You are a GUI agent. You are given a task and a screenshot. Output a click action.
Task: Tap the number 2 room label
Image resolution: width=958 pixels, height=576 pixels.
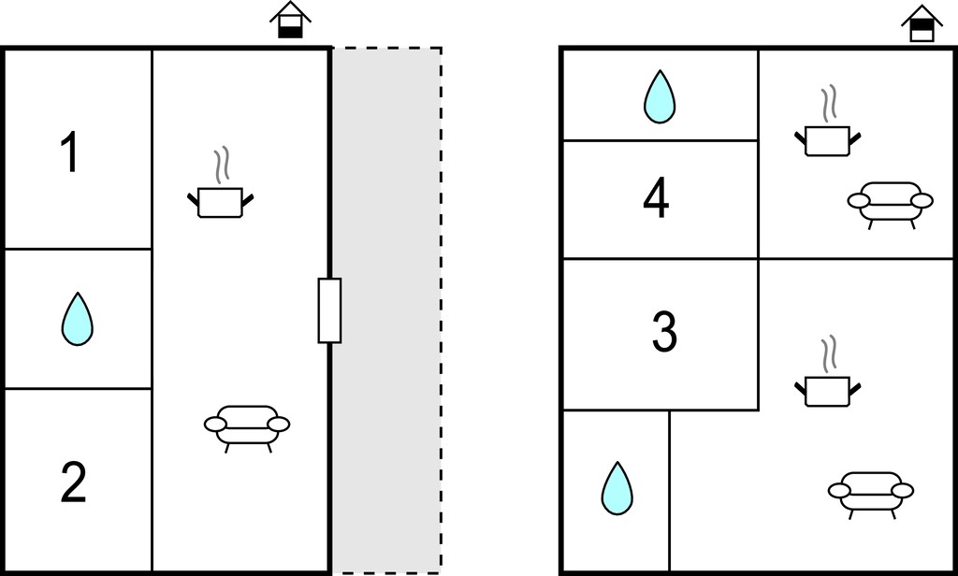73,482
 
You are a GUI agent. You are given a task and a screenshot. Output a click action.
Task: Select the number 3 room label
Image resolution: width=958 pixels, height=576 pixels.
665,331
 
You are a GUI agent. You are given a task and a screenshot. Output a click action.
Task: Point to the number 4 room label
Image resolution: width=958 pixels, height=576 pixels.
656,197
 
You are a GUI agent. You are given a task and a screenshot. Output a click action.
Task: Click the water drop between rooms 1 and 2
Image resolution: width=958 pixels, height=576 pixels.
78,320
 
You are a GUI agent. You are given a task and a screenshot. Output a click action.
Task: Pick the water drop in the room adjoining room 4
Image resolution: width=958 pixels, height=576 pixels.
660,97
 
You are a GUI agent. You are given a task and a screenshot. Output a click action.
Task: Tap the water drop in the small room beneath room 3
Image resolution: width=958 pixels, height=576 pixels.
617,488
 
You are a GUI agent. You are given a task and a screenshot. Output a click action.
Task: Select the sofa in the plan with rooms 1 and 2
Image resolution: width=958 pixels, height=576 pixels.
247,428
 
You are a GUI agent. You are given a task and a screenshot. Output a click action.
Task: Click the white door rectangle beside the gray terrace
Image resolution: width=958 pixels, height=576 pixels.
329,310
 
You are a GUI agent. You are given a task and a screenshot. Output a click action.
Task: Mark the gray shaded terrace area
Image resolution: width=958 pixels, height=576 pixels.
386,310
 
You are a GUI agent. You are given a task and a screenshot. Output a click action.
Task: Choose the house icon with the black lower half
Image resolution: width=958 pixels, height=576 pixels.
290,21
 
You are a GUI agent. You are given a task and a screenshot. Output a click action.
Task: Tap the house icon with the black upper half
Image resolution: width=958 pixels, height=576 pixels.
922,23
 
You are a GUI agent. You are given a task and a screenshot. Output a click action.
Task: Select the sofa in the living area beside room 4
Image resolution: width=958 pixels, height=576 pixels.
891,205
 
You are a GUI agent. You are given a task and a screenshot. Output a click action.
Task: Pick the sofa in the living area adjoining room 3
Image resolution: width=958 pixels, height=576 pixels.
871,495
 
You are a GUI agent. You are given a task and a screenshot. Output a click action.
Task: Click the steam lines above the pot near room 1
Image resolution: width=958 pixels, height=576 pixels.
222,164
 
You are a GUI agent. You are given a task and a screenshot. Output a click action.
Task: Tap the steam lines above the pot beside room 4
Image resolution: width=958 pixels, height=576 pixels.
829,103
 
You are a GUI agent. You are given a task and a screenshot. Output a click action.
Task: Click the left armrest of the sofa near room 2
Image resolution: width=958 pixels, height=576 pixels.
216,424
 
